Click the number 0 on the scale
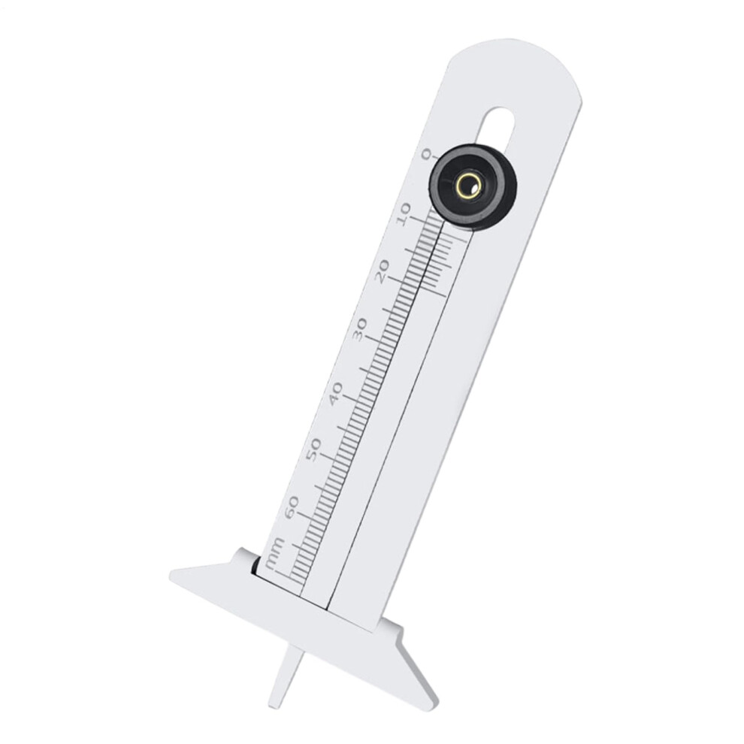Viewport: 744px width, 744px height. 426,155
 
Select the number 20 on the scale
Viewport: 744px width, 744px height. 384,271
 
